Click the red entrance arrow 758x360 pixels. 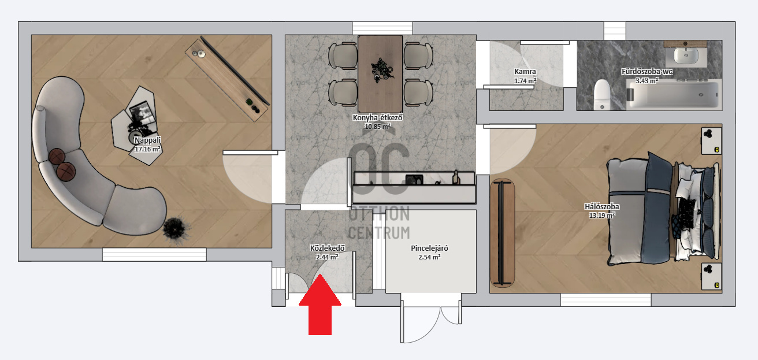click(x=320, y=305)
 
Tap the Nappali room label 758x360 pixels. click(x=147, y=140)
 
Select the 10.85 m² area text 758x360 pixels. click(x=377, y=127)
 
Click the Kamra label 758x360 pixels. click(x=525, y=72)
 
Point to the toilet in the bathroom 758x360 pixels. click(x=602, y=94)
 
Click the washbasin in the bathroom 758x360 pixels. click(x=686, y=55)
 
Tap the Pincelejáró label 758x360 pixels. click(x=429, y=248)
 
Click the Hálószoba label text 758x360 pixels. click(x=601, y=206)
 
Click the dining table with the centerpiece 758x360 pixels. click(x=380, y=74)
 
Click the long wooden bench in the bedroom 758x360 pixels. click(x=502, y=233)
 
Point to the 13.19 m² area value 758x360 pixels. click(x=601, y=215)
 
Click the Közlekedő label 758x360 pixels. click(x=327, y=248)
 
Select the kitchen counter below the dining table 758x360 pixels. click(x=414, y=187)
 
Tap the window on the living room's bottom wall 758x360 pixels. click(x=154, y=255)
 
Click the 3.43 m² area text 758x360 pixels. click(x=646, y=81)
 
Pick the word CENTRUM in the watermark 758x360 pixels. click(x=379, y=233)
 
